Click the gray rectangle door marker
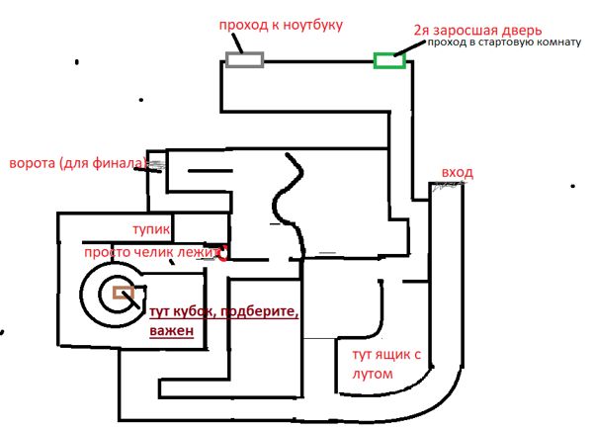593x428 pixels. (x=245, y=59)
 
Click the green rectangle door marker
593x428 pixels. (x=389, y=61)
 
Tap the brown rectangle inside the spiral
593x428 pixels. (x=125, y=292)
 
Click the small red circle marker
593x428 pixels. (x=223, y=253)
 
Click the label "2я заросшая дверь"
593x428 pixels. (x=462, y=31)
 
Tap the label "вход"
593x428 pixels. (x=457, y=173)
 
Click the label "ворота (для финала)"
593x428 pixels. (x=77, y=163)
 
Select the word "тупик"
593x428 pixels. (x=153, y=229)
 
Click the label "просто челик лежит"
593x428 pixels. (x=153, y=253)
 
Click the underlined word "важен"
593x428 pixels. (x=170, y=332)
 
